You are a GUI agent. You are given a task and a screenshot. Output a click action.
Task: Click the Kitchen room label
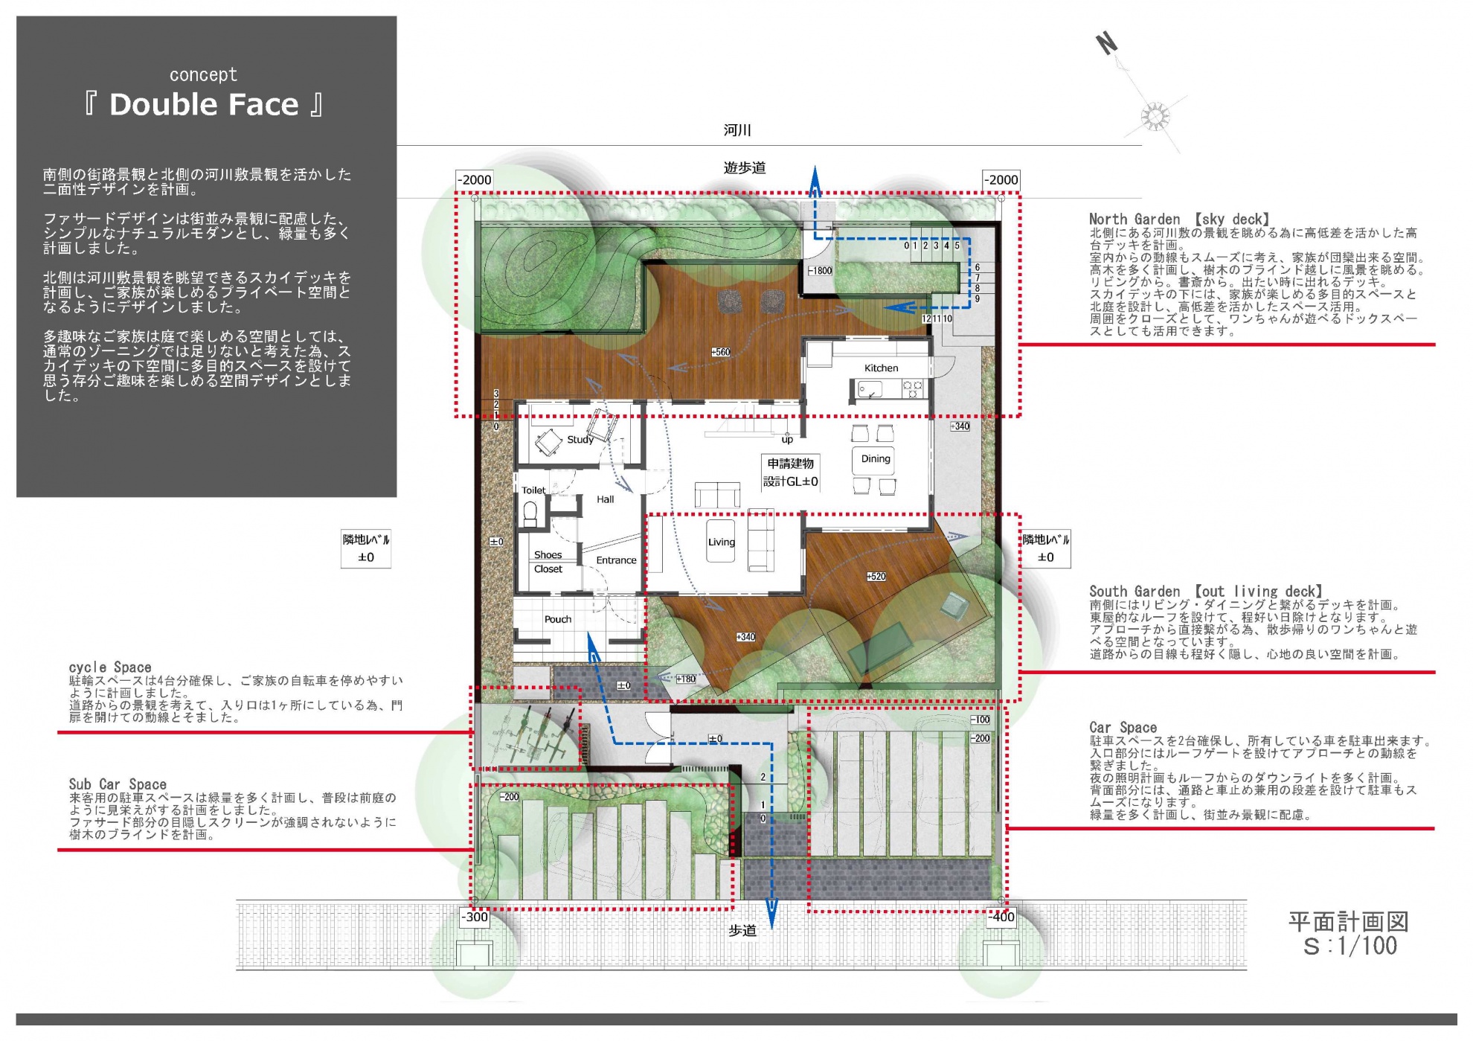click(881, 368)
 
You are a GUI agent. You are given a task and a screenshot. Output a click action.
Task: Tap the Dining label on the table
click(876, 459)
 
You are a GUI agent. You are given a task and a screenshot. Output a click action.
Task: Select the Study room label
click(580, 440)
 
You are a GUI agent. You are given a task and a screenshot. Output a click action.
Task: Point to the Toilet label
click(533, 490)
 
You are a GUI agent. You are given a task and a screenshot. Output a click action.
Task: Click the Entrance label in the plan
click(616, 560)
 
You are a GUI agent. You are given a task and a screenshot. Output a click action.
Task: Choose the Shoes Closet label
click(548, 562)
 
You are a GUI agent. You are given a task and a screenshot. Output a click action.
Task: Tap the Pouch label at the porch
click(558, 619)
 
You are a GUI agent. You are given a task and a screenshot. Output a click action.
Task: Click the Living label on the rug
click(721, 542)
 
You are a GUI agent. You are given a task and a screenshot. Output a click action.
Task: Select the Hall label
click(605, 499)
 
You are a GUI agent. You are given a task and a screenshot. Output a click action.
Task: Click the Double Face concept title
click(204, 104)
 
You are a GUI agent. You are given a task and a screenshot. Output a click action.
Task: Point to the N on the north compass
click(1107, 44)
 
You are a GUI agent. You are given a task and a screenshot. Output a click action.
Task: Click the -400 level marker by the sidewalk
click(1001, 917)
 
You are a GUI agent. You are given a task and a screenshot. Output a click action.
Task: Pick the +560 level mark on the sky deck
click(720, 352)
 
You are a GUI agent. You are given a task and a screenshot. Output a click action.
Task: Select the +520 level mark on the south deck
click(876, 577)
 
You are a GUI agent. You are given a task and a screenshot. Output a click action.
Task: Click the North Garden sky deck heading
click(1179, 220)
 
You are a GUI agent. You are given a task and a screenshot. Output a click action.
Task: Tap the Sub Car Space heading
click(118, 784)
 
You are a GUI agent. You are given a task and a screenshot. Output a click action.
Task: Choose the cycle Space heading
click(110, 667)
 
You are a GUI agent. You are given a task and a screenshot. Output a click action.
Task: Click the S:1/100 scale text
click(1350, 946)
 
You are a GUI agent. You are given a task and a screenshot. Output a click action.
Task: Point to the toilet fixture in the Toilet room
click(530, 513)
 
